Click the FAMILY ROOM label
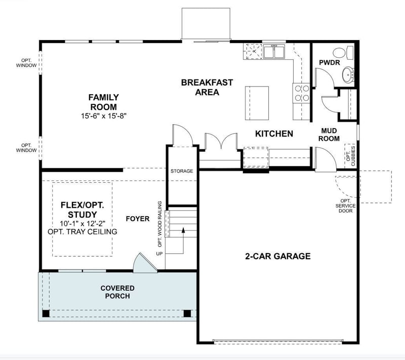[x=103, y=102]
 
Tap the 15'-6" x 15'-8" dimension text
[x=103, y=116]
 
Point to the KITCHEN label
[x=274, y=134]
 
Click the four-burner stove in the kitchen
[x=302, y=92]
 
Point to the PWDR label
[x=329, y=62]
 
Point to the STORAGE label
[x=181, y=171]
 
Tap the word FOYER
[x=138, y=219]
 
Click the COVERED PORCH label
[x=117, y=292]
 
